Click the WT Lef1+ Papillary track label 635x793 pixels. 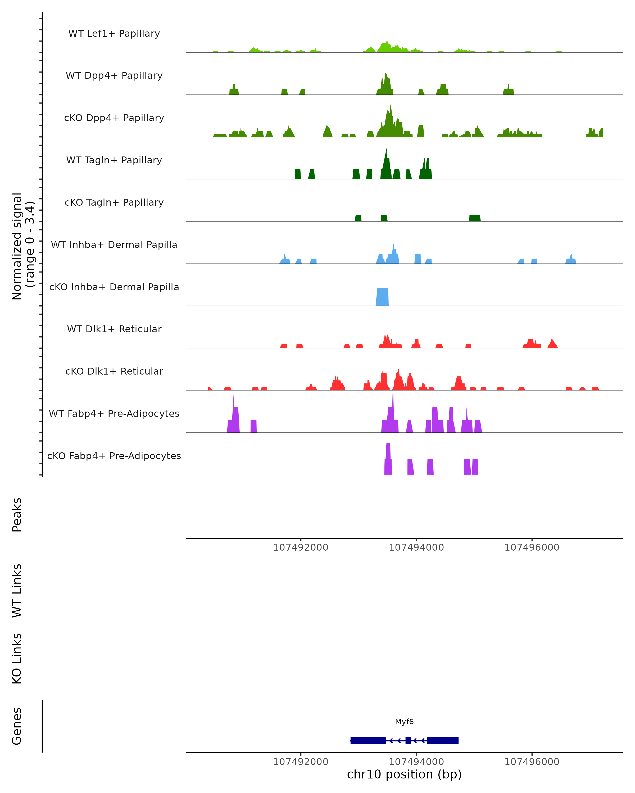(x=114, y=34)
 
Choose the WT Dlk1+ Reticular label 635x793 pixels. (x=114, y=329)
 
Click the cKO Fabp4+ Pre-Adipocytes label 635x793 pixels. (x=114, y=456)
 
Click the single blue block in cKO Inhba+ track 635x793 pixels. (x=382, y=297)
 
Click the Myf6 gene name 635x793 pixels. (x=404, y=722)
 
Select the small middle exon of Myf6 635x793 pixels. (x=408, y=741)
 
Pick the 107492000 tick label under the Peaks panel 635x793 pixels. (x=301, y=547)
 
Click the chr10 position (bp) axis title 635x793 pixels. (x=404, y=774)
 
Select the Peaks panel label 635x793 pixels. (x=17, y=515)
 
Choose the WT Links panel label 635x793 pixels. (x=17, y=590)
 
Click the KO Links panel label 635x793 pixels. (x=17, y=658)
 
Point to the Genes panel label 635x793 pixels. (x=17, y=726)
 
